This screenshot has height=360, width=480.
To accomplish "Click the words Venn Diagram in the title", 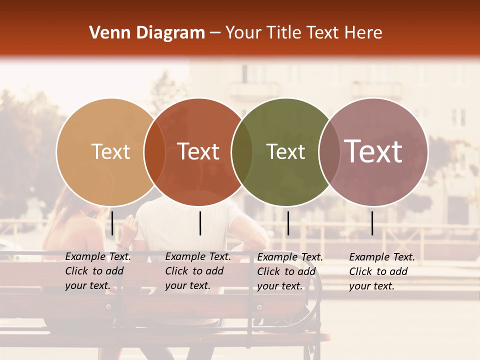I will click(147, 33).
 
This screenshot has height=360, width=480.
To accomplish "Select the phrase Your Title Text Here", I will click(303, 33).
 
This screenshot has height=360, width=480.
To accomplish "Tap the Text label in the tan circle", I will click(111, 151).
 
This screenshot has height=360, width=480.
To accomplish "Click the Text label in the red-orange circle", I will click(198, 151).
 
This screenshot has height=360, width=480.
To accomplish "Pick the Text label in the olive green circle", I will click(285, 151).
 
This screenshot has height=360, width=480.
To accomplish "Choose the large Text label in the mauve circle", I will click(373, 151).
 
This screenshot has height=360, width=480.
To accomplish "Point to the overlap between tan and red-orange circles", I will click(154, 152).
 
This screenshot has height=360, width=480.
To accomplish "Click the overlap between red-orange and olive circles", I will click(242, 152).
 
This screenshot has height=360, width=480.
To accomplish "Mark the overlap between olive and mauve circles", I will click(329, 152).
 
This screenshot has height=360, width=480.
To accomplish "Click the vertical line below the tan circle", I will click(112, 223).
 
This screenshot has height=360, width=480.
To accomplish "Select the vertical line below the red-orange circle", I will click(200, 223).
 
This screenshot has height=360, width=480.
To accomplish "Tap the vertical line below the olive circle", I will click(288, 223).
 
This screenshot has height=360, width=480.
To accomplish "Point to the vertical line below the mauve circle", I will click(372, 223).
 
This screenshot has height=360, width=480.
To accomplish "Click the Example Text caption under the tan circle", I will click(97, 271).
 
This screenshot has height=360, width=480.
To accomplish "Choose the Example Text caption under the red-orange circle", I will click(197, 271).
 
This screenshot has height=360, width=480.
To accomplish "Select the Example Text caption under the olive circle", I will click(289, 271).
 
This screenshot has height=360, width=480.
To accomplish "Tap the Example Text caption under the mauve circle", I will click(381, 271).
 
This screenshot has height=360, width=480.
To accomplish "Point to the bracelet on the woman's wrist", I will click(123, 246).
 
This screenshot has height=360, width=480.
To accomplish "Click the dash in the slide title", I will click(215, 33).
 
